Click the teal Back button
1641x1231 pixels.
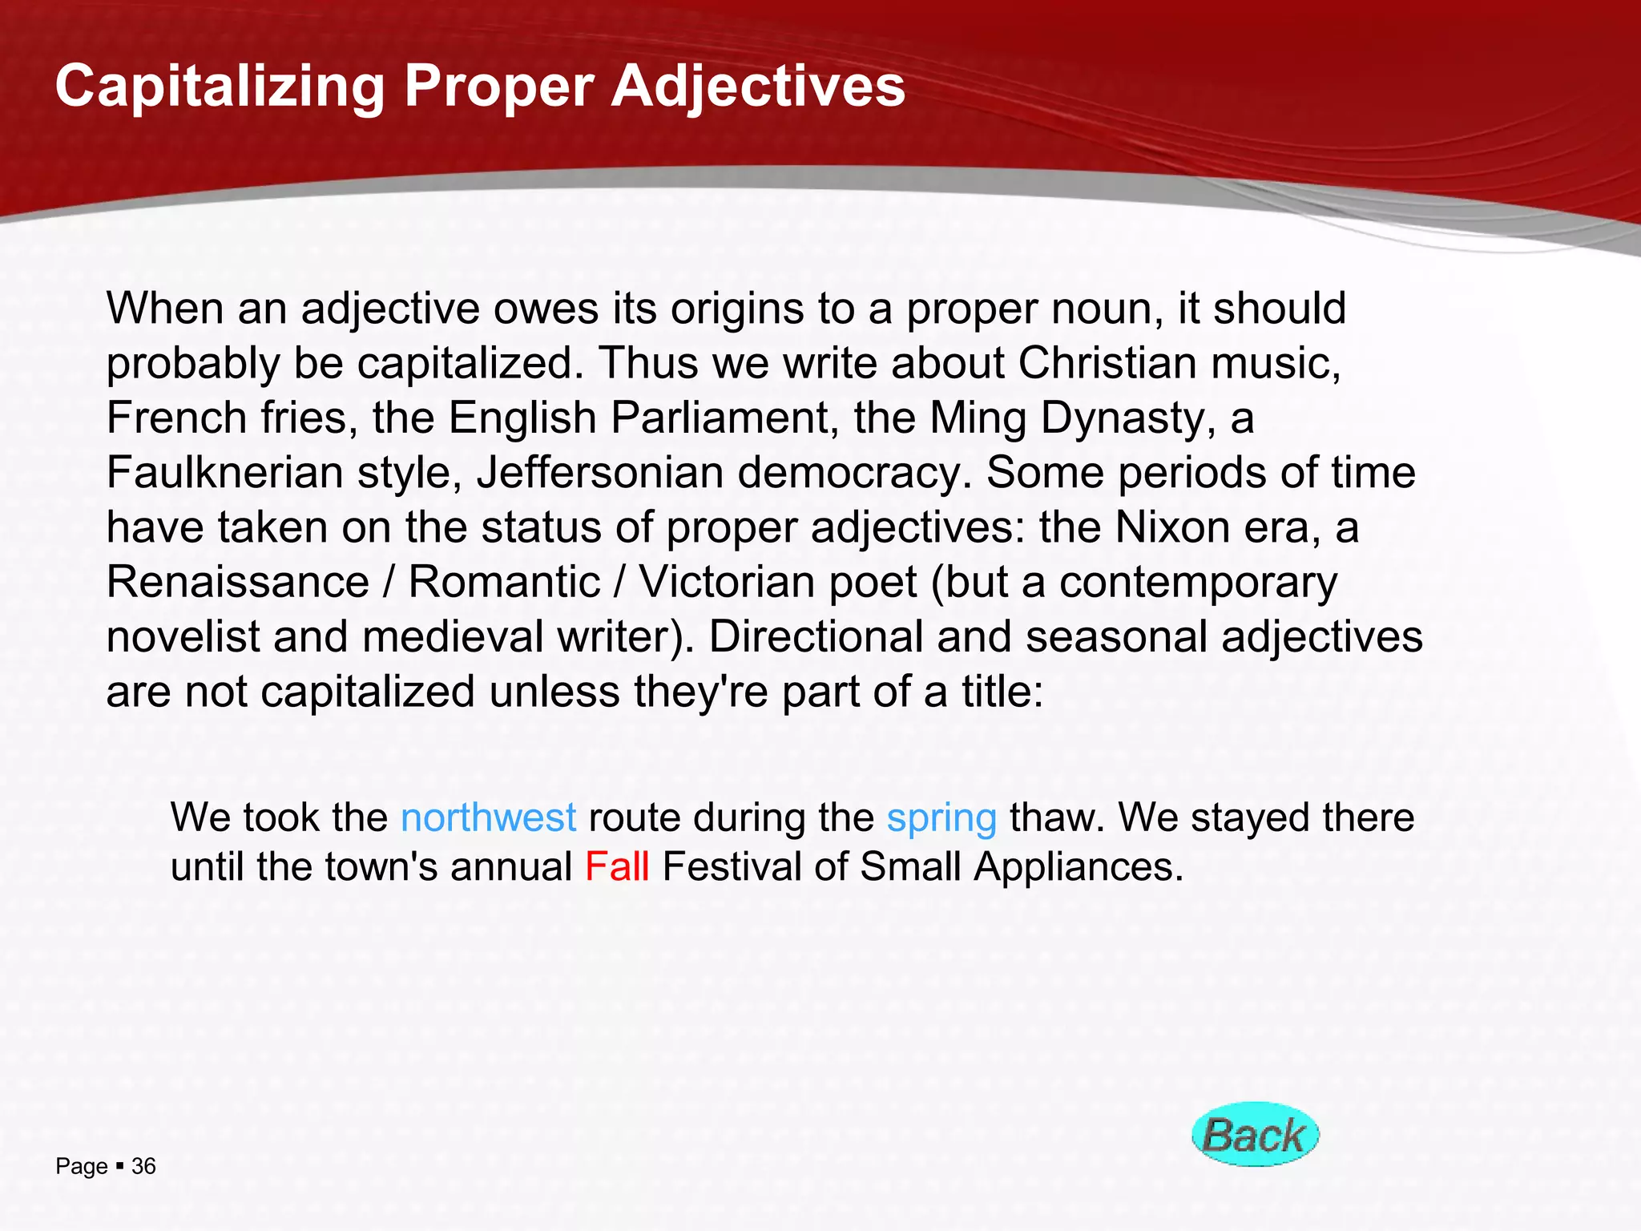pos(1255,1134)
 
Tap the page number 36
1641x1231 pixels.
pos(143,1166)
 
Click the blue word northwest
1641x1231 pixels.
pos(488,817)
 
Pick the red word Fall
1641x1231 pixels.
pos(617,866)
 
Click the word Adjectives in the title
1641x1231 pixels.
pos(758,87)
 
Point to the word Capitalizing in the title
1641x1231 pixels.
pos(220,87)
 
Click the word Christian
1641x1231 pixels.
pos(1107,363)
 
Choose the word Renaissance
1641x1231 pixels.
pos(238,582)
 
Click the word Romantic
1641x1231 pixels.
pos(504,582)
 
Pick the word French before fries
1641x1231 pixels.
pos(176,418)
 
